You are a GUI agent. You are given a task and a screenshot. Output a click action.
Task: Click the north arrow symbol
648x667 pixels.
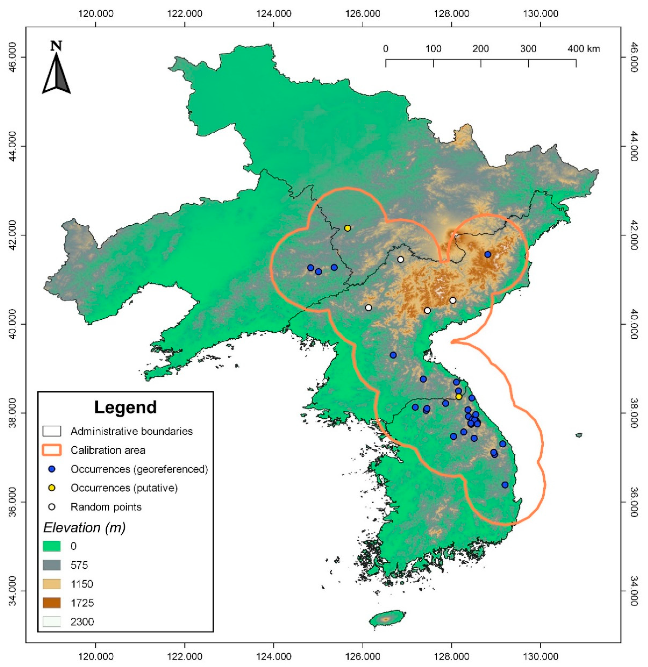coord(56,70)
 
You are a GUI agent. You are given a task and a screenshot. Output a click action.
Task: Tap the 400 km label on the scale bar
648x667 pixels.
coord(583,49)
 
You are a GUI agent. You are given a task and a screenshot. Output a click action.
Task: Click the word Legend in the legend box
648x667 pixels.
coord(125,407)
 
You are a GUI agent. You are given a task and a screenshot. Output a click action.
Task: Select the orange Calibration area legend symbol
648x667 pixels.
coord(52,450)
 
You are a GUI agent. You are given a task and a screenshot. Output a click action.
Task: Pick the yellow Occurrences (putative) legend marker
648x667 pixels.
coord(52,488)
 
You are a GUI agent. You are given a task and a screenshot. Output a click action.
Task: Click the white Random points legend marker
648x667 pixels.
coord(52,507)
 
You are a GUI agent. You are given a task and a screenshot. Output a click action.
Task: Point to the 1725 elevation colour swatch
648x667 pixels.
coord(52,603)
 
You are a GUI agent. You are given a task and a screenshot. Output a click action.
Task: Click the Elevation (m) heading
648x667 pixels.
coord(84,527)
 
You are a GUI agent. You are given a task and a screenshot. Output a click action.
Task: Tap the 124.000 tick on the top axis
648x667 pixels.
coord(274,14)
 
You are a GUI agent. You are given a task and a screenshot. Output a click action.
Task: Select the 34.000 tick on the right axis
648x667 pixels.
coord(633,591)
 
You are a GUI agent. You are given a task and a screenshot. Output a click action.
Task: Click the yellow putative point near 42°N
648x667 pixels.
coord(347,228)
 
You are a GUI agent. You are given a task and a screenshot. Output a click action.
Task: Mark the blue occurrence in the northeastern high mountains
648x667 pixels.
coord(488,254)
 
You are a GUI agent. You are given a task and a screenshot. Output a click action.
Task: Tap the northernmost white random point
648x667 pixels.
coord(400,259)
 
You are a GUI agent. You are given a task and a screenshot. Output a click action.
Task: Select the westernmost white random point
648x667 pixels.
coord(368,308)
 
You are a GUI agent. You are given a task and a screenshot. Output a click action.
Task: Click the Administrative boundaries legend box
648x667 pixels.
coord(52,432)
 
